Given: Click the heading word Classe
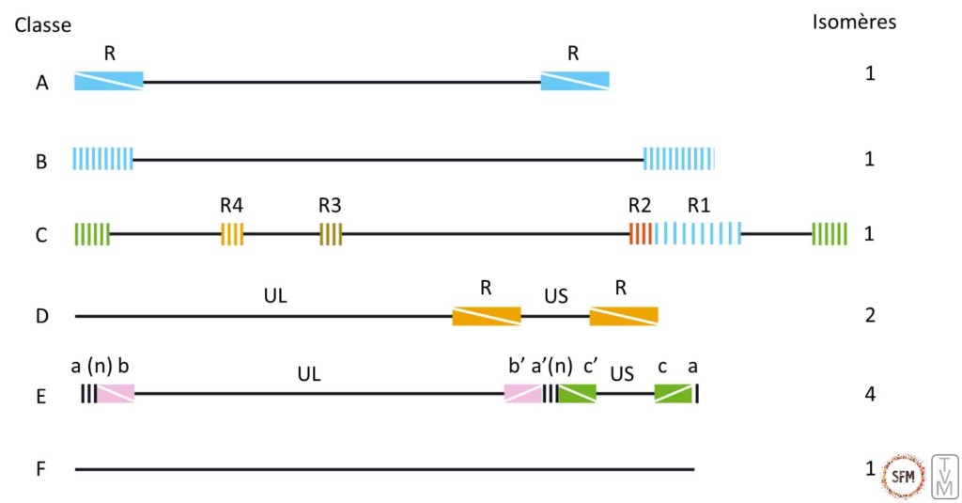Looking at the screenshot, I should pos(42,25).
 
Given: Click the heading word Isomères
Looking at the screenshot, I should pos(853,23).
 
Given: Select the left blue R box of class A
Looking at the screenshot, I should pos(109,81).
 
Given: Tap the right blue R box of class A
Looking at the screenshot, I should pos(574,81).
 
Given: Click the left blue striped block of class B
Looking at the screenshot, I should pos(103,159).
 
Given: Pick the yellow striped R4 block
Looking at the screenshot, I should pos(232,233).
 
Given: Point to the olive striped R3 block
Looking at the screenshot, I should pos(331,233).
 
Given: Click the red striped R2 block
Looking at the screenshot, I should pos(640,233).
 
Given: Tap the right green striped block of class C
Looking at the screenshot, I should pos(830,233).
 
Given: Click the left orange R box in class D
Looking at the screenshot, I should pos(486,316).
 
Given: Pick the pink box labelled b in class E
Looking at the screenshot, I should pos(116,393).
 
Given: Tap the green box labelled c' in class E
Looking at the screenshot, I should pos(577,393).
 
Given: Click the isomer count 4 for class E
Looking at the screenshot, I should pos(869,392).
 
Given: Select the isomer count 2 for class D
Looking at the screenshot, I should pos(869,314).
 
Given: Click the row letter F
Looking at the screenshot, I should pos(40,468).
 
